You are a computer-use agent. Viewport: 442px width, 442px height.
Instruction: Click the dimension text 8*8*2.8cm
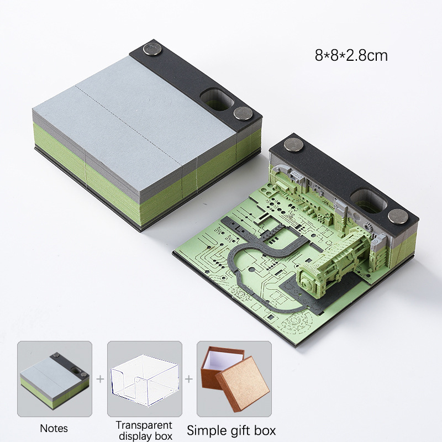pyautogui.click(x=351, y=56)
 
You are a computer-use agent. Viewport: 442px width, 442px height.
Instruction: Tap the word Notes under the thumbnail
pyautogui.click(x=54, y=428)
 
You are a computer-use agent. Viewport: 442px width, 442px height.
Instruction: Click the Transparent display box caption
pyautogui.click(x=144, y=430)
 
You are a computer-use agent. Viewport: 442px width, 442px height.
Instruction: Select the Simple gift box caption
pyautogui.click(x=231, y=430)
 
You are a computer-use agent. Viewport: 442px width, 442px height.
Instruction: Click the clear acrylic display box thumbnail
pyautogui.click(x=145, y=378)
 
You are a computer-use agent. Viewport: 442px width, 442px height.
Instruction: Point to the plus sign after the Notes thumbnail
pyautogui.click(x=100, y=379)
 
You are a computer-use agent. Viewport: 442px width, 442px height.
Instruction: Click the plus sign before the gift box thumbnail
pyautogui.click(x=189, y=379)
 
